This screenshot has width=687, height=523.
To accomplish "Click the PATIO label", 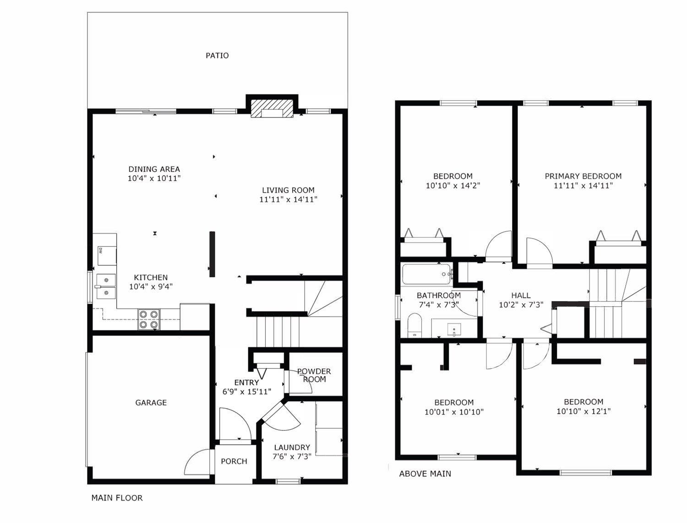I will (x=217, y=55).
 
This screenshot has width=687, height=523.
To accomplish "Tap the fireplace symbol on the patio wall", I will (x=272, y=110).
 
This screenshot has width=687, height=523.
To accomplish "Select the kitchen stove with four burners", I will (x=149, y=319).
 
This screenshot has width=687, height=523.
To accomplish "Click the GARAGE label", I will (x=151, y=403).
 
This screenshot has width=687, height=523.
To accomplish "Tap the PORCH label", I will (x=234, y=461).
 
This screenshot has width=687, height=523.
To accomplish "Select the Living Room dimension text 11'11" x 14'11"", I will (x=288, y=199).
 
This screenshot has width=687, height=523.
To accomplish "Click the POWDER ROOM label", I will (x=314, y=375).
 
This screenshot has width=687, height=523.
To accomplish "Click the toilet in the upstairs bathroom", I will (x=414, y=325).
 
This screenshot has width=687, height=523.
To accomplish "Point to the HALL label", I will (x=521, y=296).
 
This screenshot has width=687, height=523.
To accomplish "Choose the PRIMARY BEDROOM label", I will (x=583, y=176).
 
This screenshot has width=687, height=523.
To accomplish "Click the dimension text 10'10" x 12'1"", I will (x=583, y=411).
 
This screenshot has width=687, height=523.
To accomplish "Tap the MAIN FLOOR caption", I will (x=117, y=498).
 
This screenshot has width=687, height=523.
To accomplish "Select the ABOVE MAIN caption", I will (x=425, y=474).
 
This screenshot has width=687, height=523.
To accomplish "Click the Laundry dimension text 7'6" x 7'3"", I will (x=292, y=456).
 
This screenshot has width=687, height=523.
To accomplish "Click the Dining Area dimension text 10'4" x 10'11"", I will (x=154, y=178).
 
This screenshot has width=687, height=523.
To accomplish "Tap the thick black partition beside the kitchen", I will (x=212, y=254).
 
